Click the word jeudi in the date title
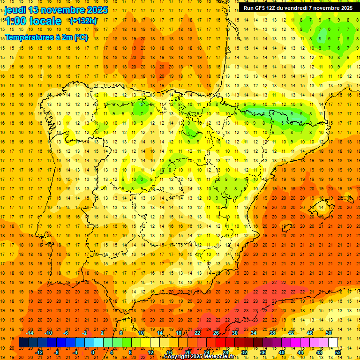tap(15, 10)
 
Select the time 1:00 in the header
tap(15, 21)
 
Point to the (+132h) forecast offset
tap(83, 21)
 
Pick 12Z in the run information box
tap(273, 7)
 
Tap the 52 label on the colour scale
tap(338, 352)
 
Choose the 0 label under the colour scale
tap(93, 352)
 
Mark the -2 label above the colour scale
tap(84, 333)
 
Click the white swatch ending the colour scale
tap(333, 343)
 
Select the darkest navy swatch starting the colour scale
tap(23, 343)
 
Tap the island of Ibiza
tap(287, 228)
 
